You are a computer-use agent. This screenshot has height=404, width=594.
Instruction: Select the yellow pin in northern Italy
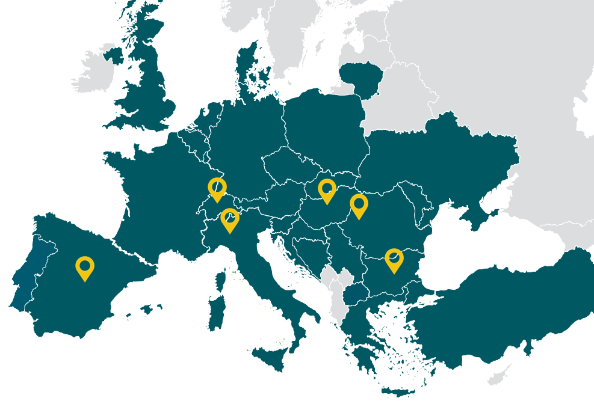pos(229,219)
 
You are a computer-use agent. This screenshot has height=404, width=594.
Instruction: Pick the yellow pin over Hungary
pos(327,190)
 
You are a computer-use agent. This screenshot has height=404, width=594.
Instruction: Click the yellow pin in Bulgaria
pos(394,259)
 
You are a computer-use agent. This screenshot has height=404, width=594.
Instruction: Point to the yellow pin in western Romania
pos(359,205)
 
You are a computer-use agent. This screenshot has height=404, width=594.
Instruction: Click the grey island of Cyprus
pos(499,376)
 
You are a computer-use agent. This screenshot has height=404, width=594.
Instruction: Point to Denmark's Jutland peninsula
pos(247,72)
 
